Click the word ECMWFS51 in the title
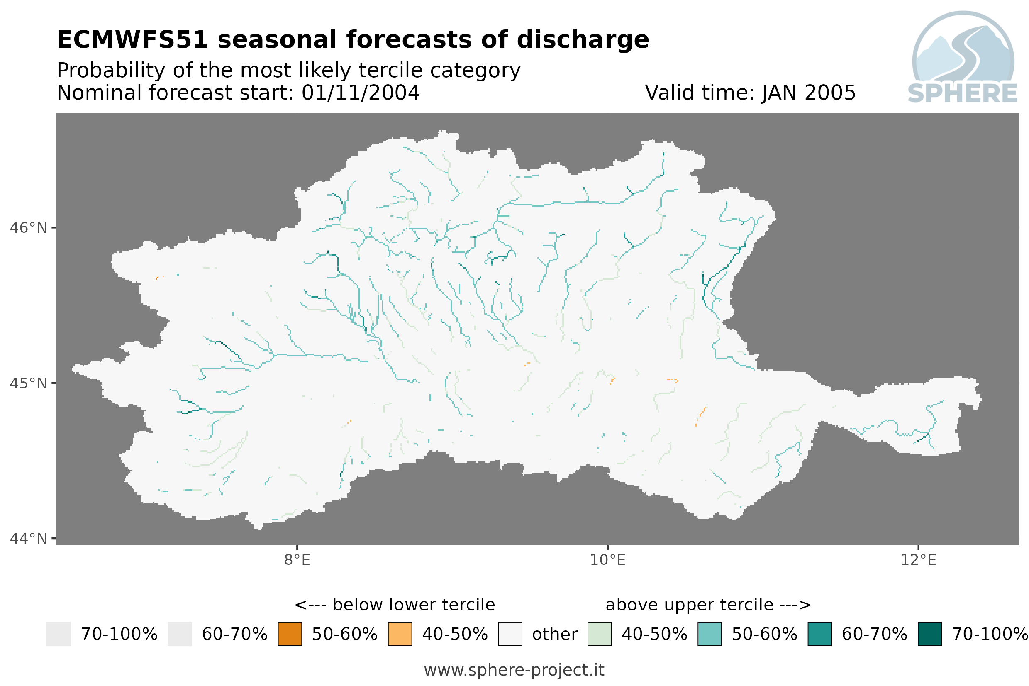tap(132, 40)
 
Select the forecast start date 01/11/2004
tap(360, 93)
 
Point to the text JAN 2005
tap(809, 93)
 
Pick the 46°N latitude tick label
tap(28, 228)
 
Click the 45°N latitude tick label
tap(28, 383)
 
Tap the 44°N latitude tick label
tap(28, 539)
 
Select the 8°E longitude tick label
tap(297, 560)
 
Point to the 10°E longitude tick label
tap(608, 560)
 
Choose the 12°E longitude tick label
tap(918, 560)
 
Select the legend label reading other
tap(554, 635)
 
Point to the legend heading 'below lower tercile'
tap(414, 605)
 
